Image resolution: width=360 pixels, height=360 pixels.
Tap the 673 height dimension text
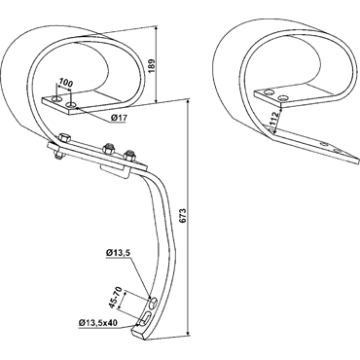click(x=183, y=216)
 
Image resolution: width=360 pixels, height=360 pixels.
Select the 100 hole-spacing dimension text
click(x=66, y=84)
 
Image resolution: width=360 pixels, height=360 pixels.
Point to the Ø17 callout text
click(x=118, y=118)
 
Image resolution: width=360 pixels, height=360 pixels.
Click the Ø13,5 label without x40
click(x=118, y=252)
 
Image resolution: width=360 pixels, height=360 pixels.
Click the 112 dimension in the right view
click(x=274, y=118)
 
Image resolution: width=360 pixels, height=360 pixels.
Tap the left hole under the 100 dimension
click(x=57, y=98)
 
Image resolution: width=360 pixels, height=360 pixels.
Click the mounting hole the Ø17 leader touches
click(x=71, y=105)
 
